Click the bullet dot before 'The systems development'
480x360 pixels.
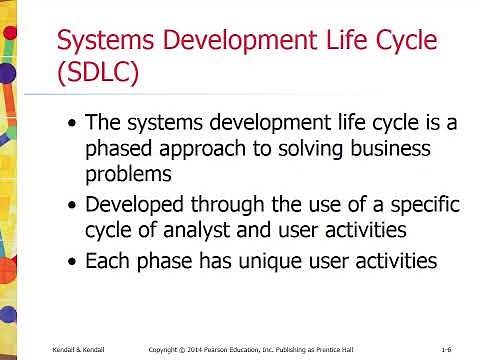[69, 125]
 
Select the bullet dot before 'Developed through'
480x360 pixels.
[69, 206]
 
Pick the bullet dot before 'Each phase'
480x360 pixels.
[69, 262]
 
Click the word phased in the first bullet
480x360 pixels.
[122, 150]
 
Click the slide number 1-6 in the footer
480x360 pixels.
[449, 349]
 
